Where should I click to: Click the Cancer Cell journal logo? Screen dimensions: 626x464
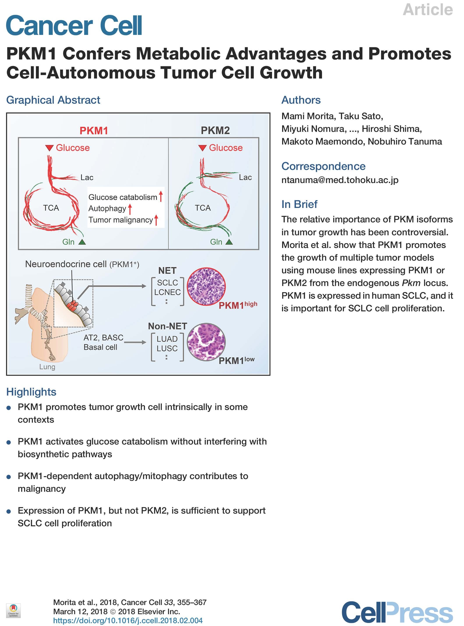point(74,26)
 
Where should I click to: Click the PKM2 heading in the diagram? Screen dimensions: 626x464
point(215,131)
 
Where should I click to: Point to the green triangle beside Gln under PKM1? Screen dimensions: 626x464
point(82,242)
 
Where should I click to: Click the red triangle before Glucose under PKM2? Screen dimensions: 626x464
point(202,148)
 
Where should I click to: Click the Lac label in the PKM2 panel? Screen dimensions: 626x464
point(245,177)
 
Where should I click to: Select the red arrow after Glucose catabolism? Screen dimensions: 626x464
point(161,196)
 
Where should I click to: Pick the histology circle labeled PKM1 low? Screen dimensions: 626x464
point(206,342)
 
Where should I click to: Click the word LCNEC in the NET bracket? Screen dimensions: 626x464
point(167,292)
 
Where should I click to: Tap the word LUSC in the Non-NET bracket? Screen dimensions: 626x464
point(167,349)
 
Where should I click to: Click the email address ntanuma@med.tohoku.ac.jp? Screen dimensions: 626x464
point(340,180)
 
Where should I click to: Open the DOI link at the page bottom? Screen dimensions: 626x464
point(128,620)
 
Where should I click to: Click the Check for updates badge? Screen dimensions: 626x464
point(13,610)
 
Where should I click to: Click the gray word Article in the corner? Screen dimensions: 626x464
point(427,10)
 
